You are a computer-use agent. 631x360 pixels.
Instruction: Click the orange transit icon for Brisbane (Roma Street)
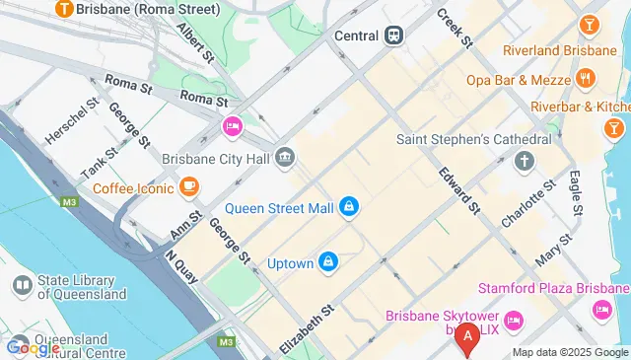point(65,10)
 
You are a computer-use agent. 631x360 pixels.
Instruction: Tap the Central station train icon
point(393,35)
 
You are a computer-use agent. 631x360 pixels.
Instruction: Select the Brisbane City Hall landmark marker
point(285,156)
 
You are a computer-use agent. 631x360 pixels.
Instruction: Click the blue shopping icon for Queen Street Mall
point(347,207)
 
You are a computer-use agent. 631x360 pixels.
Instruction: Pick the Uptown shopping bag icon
point(329,263)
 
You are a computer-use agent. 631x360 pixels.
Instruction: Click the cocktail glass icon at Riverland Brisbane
point(589,24)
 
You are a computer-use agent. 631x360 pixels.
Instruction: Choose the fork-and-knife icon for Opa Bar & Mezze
point(586,77)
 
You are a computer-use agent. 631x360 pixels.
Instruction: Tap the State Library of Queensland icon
point(22,285)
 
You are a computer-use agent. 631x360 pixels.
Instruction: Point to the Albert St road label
point(194,43)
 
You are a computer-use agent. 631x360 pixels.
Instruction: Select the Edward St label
point(461,190)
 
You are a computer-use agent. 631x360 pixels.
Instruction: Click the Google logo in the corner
point(34,347)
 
